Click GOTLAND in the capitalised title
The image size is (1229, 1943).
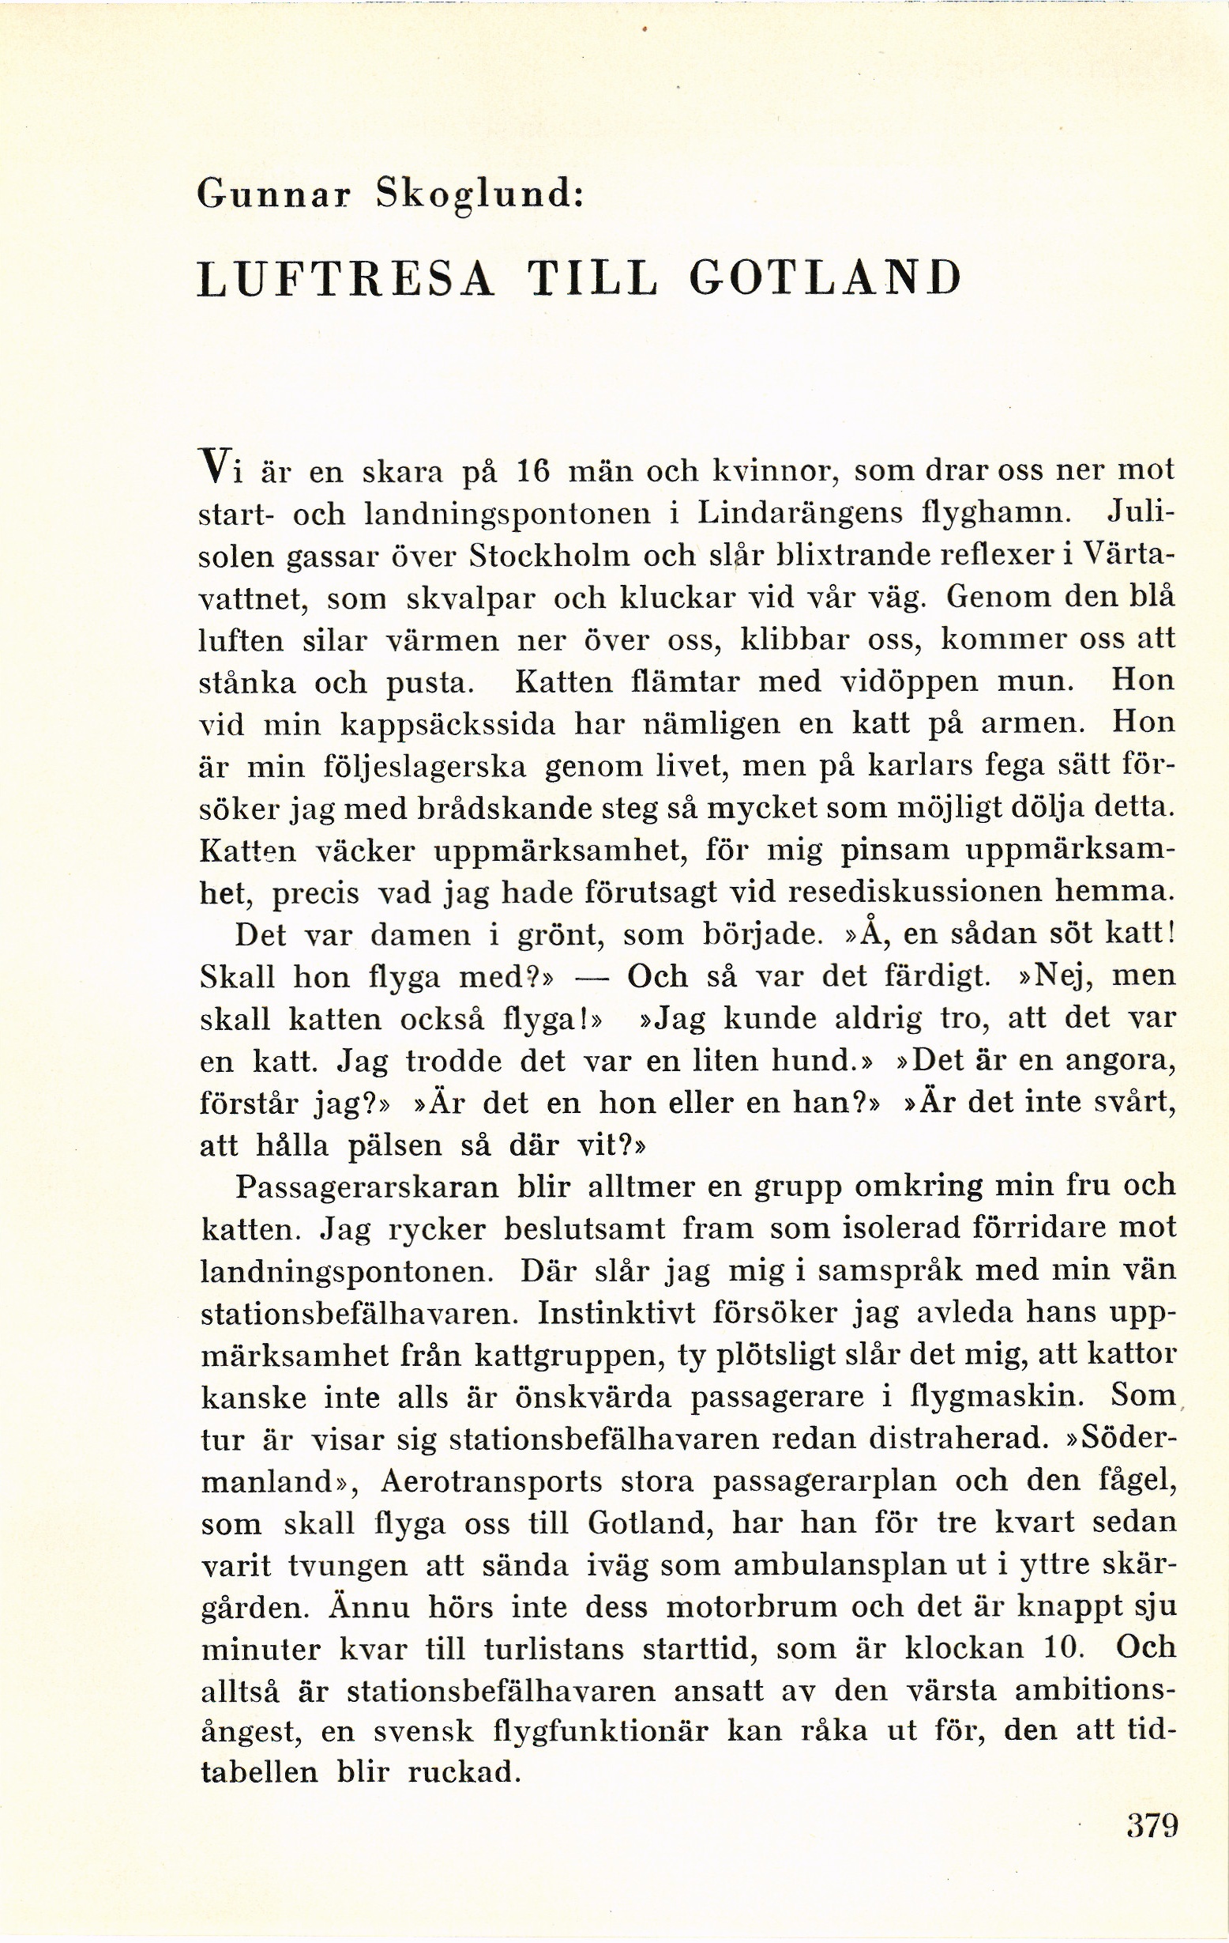click(827, 279)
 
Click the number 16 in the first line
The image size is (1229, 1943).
click(532, 470)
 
